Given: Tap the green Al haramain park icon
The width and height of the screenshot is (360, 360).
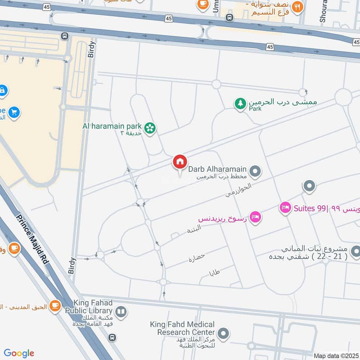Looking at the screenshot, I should point(150,128).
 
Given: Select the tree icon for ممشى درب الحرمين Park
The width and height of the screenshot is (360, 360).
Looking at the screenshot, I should point(241,103).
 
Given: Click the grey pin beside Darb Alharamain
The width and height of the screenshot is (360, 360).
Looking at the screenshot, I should point(255,171).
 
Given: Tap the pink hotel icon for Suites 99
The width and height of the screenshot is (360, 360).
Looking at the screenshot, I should point(285,208).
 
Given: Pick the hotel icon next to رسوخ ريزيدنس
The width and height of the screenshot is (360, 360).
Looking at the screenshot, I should point(255,217).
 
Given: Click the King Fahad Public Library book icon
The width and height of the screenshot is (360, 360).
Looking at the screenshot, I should point(121,311).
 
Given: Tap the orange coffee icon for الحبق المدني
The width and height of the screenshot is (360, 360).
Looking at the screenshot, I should point(55,306).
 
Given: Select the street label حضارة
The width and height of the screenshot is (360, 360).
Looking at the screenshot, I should point(197,258).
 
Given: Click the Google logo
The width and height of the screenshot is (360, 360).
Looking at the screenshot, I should point(19,353).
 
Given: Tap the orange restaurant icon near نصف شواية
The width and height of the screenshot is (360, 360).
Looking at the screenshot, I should point(297,6).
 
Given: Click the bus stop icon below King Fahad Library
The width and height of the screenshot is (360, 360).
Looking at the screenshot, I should point(112,337).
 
